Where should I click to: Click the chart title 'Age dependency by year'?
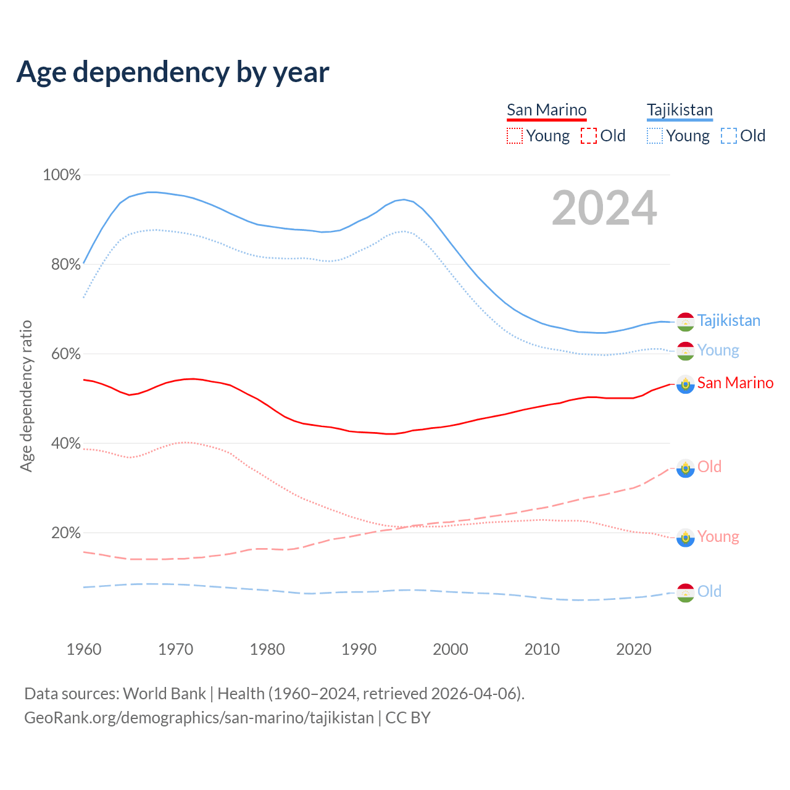coord(173,72)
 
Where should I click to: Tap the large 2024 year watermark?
coord(604,208)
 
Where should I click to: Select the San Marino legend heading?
coord(546,110)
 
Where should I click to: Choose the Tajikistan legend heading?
coord(680,110)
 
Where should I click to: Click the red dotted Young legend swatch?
coord(515,136)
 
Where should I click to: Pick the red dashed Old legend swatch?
coord(589,136)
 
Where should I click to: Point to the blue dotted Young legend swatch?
coord(655,136)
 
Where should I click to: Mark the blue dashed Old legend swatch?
coord(729,136)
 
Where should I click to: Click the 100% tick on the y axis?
coord(62,175)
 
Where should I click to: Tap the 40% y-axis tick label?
coord(65,444)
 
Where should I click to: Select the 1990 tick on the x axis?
coord(359,649)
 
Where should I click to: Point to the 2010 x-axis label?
coord(543,649)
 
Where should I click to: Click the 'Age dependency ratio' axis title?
coord(26,396)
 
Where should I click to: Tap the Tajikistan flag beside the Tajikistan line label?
coord(686,322)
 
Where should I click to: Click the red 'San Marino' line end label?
coord(735,383)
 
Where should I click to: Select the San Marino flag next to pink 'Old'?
coord(686,468)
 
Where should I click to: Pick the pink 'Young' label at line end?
coord(718,536)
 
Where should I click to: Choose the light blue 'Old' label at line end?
coord(709,591)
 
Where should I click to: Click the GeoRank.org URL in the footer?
coord(199,718)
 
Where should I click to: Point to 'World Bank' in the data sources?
coord(164,694)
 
